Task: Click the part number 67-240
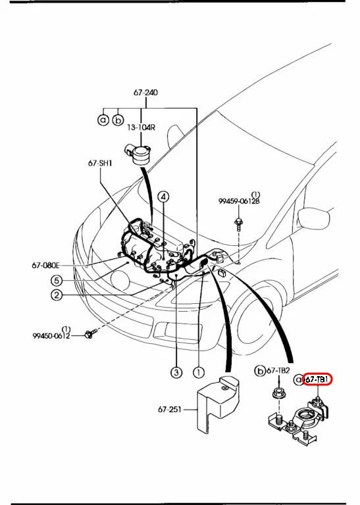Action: (x=145, y=93)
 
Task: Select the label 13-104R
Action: (x=141, y=128)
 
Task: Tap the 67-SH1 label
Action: (x=101, y=162)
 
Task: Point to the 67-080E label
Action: (x=45, y=266)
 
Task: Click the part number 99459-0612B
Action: (x=239, y=201)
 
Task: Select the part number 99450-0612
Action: (x=51, y=336)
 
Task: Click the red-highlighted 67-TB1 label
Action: (x=318, y=380)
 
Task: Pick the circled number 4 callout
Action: (x=163, y=196)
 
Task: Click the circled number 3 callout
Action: (x=176, y=373)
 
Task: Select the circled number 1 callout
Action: (x=198, y=373)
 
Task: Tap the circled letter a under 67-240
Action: (x=103, y=120)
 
